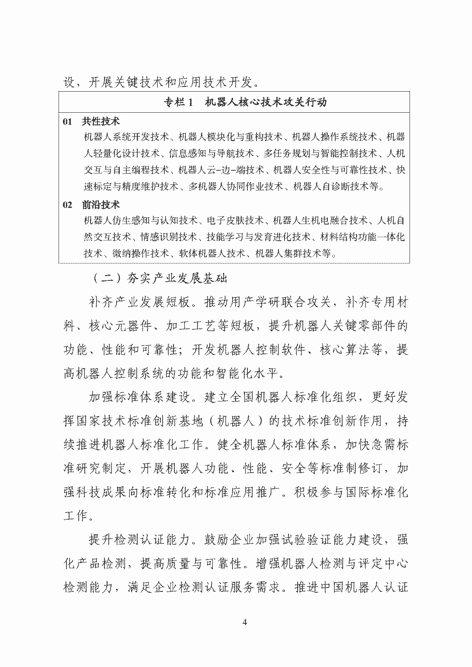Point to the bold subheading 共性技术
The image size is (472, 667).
click(x=101, y=121)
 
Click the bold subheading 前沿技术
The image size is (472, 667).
click(x=101, y=205)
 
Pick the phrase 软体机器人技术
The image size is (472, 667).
click(x=212, y=253)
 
